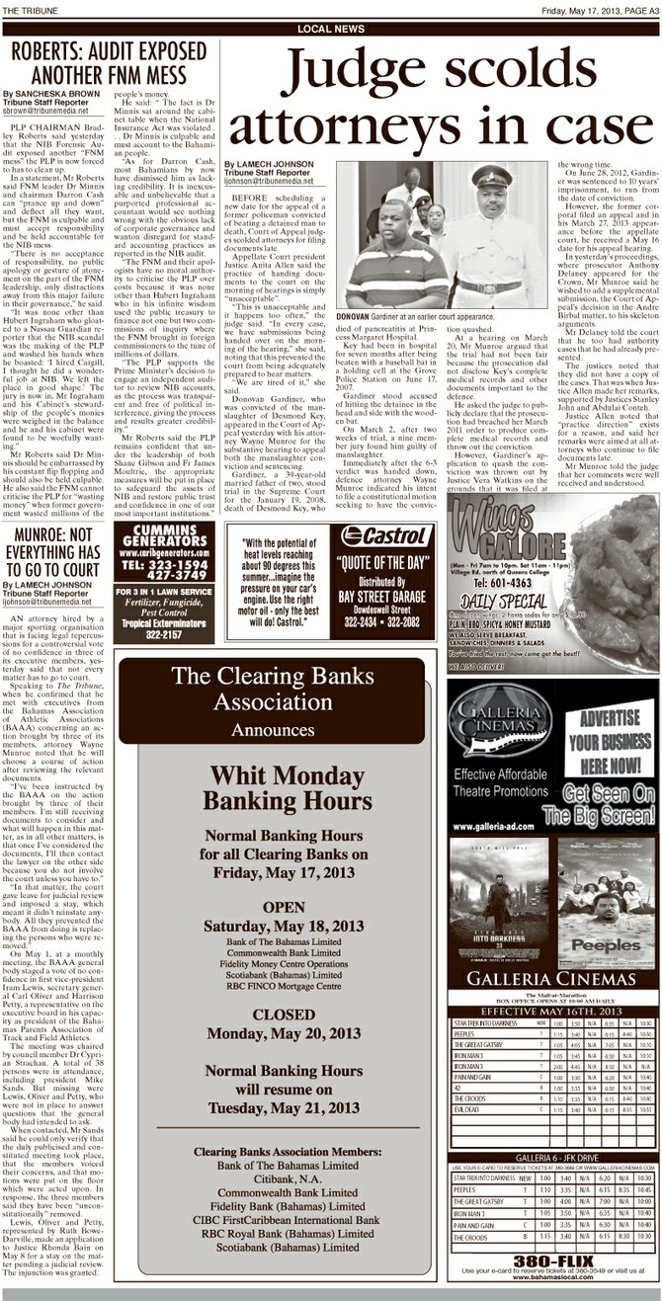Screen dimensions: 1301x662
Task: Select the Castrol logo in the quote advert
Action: coord(386,537)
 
